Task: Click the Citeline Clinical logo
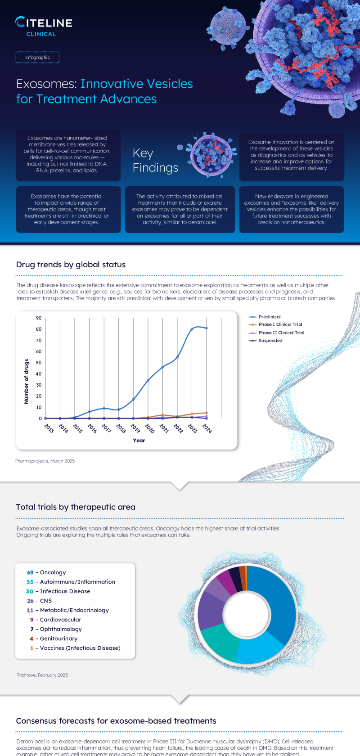coord(43,26)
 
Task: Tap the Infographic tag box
coord(37,58)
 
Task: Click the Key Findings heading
coord(155,161)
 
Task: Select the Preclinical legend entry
coord(269,317)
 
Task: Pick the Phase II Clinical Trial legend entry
coord(281,333)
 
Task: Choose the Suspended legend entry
coord(270,341)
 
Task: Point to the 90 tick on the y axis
coord(39,318)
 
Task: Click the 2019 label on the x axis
coord(135,428)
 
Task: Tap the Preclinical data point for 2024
coord(207,328)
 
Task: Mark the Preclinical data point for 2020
coord(148,381)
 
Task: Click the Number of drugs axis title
coord(27,382)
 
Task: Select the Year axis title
coord(139,441)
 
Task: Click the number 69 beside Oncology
coord(30,572)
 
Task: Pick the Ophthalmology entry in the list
coord(61,629)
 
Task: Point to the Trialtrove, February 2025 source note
coord(42,675)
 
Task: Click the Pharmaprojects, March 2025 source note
coord(45,461)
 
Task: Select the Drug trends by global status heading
coord(71,265)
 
